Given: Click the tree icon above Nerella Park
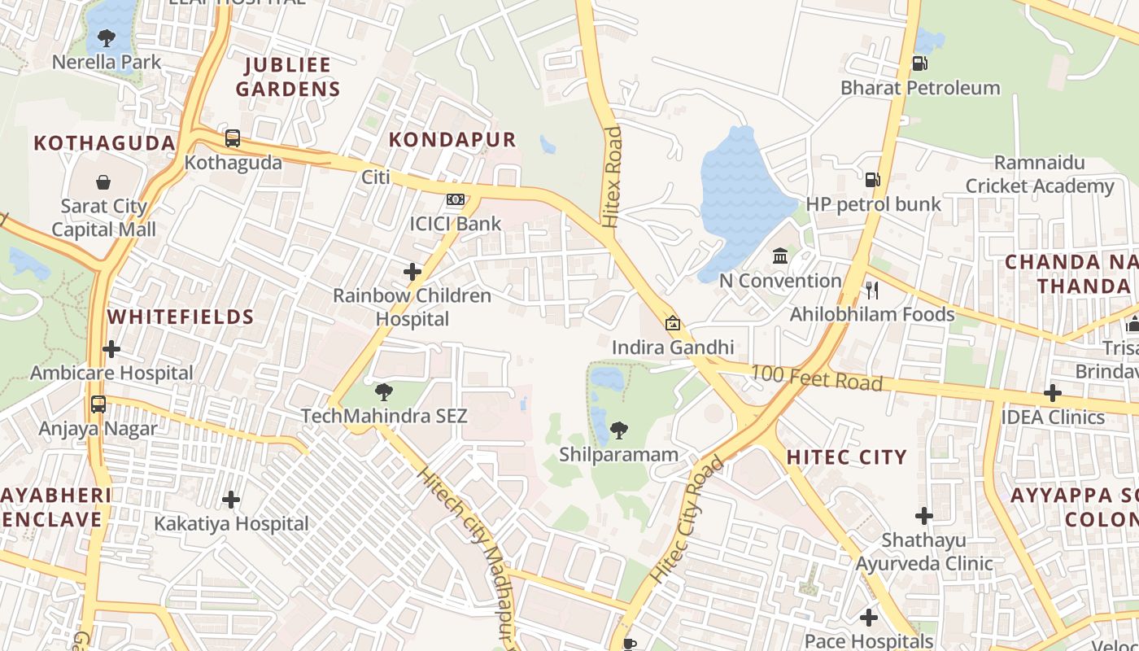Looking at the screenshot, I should [106, 37].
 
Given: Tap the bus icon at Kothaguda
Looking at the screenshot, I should [233, 138].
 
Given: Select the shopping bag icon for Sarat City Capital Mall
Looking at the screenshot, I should [103, 181].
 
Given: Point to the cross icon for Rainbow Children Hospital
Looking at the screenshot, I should [412, 272].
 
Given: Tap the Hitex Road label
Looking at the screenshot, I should [611, 176].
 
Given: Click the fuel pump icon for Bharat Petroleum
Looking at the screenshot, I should [919, 63].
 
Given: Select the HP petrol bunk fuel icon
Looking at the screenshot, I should [872, 180].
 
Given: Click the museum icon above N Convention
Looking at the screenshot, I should [780, 256].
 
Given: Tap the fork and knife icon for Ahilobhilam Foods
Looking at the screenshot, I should [872, 290].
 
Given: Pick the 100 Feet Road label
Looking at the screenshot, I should [816, 378].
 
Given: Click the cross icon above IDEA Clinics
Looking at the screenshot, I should [1053, 393].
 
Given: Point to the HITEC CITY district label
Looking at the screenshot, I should [846, 457].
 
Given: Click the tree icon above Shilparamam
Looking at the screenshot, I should [619, 430].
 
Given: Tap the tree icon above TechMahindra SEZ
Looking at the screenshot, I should [384, 393].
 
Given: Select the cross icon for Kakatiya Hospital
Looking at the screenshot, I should [231, 499].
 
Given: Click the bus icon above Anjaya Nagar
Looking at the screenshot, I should [98, 404].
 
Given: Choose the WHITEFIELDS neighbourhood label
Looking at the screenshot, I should [181, 317].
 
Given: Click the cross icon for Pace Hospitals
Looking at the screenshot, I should [869, 618].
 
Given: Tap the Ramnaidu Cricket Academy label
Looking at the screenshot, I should [1040, 175].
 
